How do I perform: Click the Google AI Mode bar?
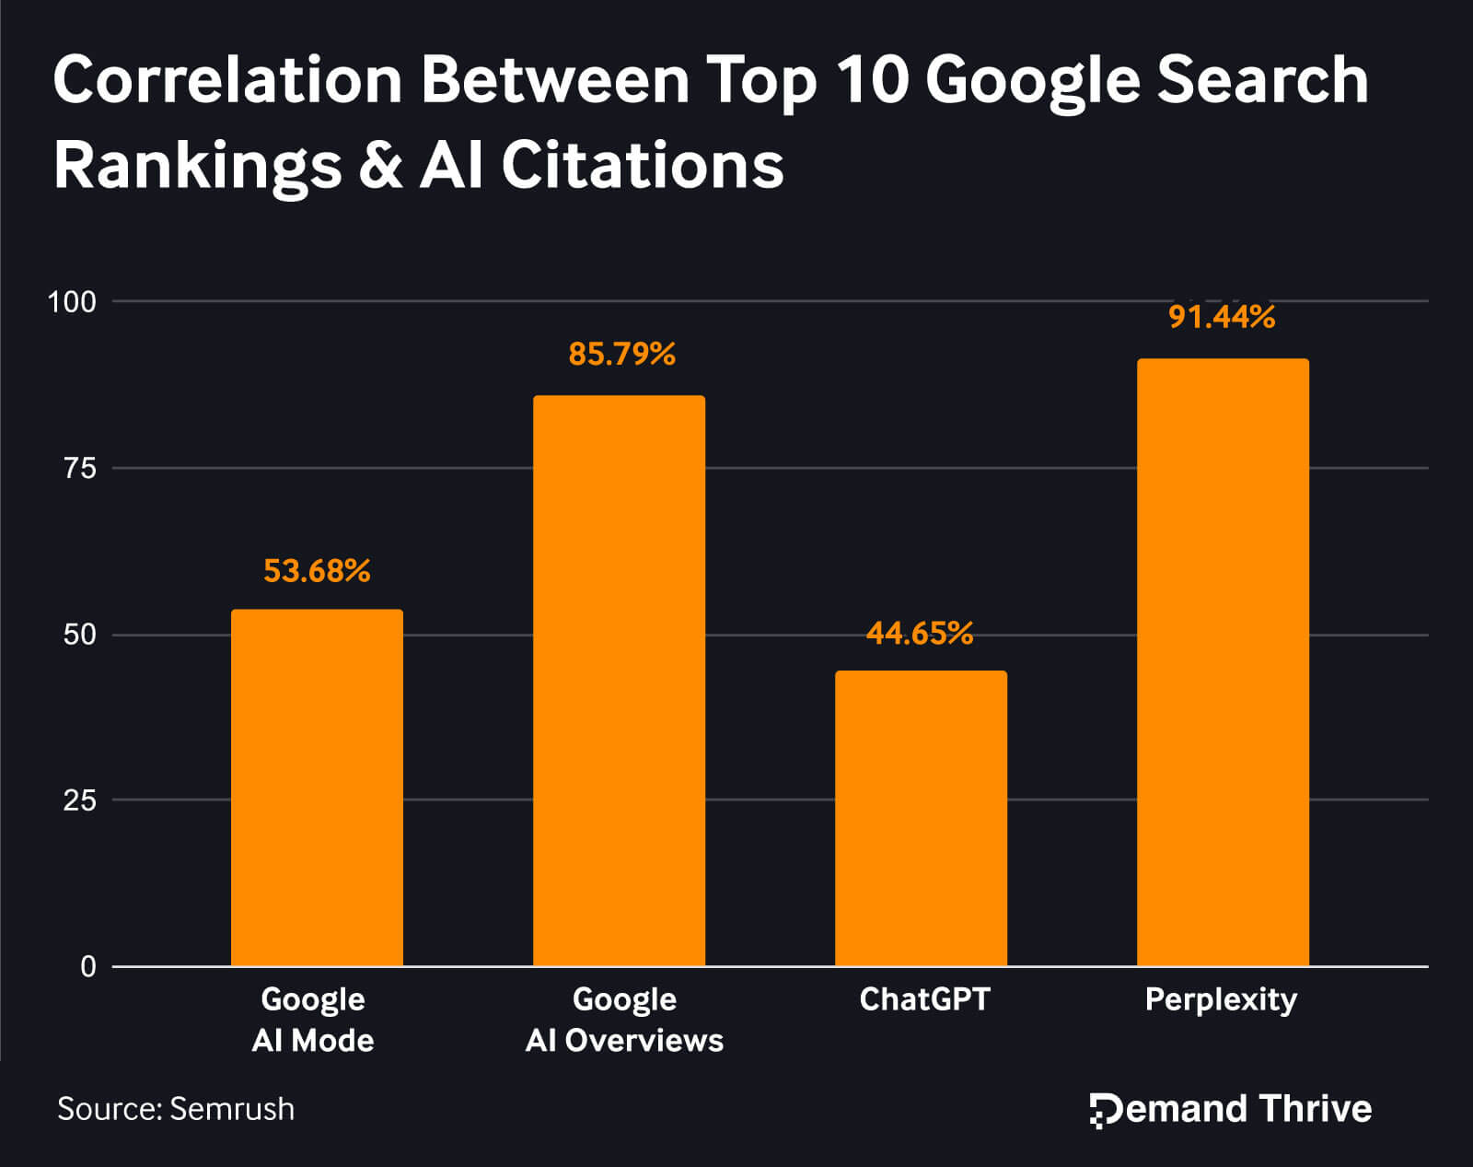click(317, 788)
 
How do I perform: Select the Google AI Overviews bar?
click(619, 681)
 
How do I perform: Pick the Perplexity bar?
click(1223, 662)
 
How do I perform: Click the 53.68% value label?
click(317, 571)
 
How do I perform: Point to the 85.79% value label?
click(621, 354)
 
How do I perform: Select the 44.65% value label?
click(919, 634)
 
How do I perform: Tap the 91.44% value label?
click(1222, 317)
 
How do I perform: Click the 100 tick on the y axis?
click(72, 301)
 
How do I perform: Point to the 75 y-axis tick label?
click(79, 468)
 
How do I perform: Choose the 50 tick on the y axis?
click(79, 635)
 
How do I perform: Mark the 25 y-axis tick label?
click(79, 800)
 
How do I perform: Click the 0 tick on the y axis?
click(88, 966)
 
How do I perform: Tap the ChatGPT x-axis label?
click(924, 999)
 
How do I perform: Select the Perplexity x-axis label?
click(1221, 999)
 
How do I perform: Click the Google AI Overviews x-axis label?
click(624, 1020)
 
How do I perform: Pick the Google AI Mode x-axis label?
click(313, 1020)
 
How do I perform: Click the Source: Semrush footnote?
click(176, 1108)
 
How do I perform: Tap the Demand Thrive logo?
click(1230, 1109)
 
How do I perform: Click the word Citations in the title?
click(642, 166)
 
